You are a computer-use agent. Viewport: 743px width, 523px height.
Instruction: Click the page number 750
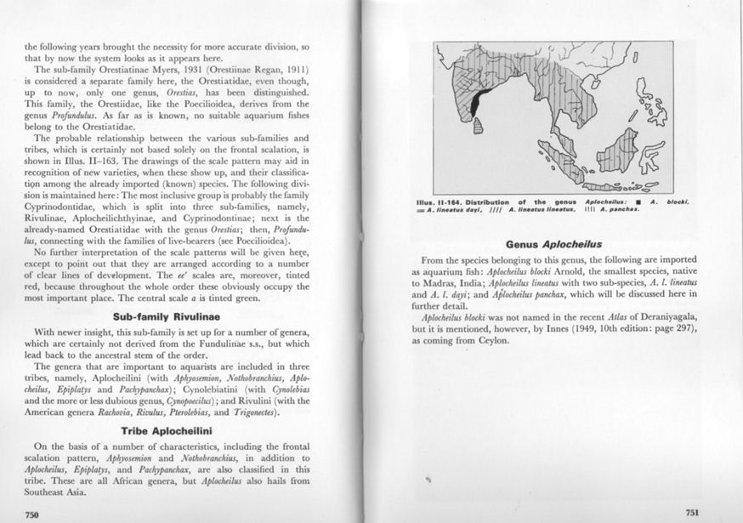pos(32,513)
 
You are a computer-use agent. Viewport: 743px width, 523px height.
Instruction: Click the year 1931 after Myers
pos(212,68)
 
